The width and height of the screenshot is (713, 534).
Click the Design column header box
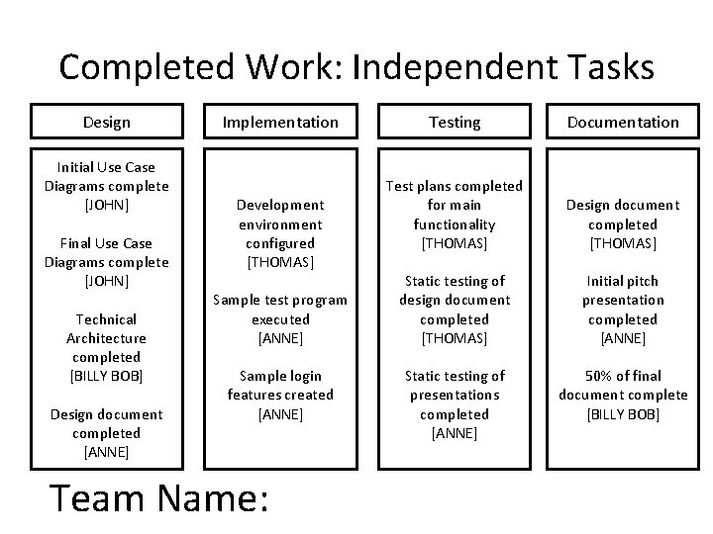click(106, 122)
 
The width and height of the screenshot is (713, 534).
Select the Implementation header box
click(280, 122)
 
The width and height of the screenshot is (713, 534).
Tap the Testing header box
click(455, 122)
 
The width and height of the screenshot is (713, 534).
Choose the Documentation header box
click(623, 122)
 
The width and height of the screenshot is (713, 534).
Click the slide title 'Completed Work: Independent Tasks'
click(356, 67)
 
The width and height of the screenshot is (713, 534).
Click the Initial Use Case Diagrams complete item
click(106, 186)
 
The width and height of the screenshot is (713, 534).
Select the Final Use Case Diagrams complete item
click(106, 262)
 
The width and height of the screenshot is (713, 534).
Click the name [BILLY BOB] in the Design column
click(106, 376)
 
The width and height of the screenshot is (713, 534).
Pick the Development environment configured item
click(280, 233)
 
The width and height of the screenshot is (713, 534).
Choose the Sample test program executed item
click(280, 318)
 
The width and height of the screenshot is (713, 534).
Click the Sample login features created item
click(280, 395)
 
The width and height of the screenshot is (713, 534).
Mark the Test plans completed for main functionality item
click(455, 214)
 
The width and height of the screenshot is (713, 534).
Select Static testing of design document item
click(455, 310)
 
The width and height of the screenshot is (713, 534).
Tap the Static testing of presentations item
click(455, 404)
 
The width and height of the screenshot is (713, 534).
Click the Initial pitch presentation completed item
click(623, 310)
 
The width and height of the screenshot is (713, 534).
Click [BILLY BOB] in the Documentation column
click(623, 413)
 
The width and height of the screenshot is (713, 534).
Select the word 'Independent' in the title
click(447, 67)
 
